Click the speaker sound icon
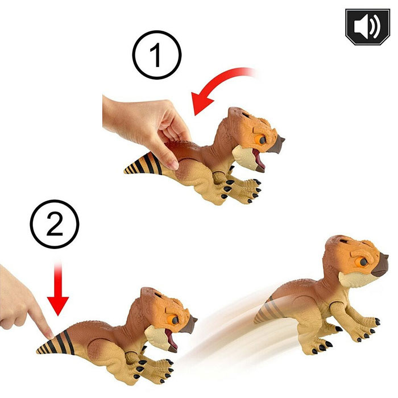(x=367, y=27)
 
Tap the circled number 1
(x=156, y=55)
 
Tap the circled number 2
(x=55, y=224)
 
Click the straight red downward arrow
(x=58, y=289)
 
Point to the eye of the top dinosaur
(x=260, y=139)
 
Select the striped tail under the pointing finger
(x=56, y=343)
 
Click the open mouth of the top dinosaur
(x=259, y=160)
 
